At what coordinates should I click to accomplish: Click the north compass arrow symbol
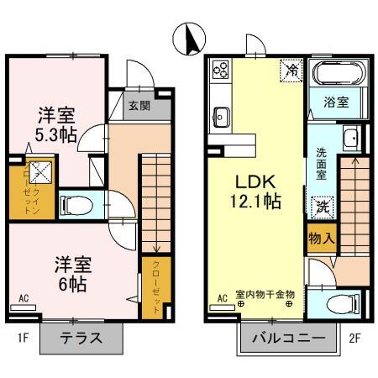(188, 38)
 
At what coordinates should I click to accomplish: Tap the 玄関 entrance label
(139, 106)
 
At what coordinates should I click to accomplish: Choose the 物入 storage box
(322, 239)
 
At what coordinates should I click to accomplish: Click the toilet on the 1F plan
(77, 204)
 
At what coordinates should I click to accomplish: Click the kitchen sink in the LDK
(220, 114)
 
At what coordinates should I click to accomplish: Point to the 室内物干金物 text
(265, 294)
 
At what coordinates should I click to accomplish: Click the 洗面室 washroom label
(322, 164)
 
